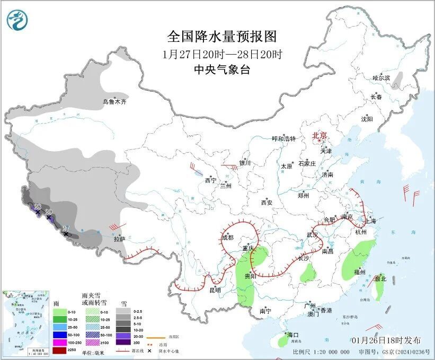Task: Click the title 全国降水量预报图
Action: pos(222,37)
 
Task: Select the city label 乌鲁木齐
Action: pos(115,102)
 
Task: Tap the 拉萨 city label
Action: pos(120,239)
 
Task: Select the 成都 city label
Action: pos(228,238)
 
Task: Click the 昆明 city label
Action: pos(215,290)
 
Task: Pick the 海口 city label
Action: pos(293,335)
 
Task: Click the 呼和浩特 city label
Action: pos(283,139)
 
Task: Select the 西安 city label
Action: pos(266,203)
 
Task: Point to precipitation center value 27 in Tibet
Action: pos(66,228)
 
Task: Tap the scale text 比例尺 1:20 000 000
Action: pos(321,352)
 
